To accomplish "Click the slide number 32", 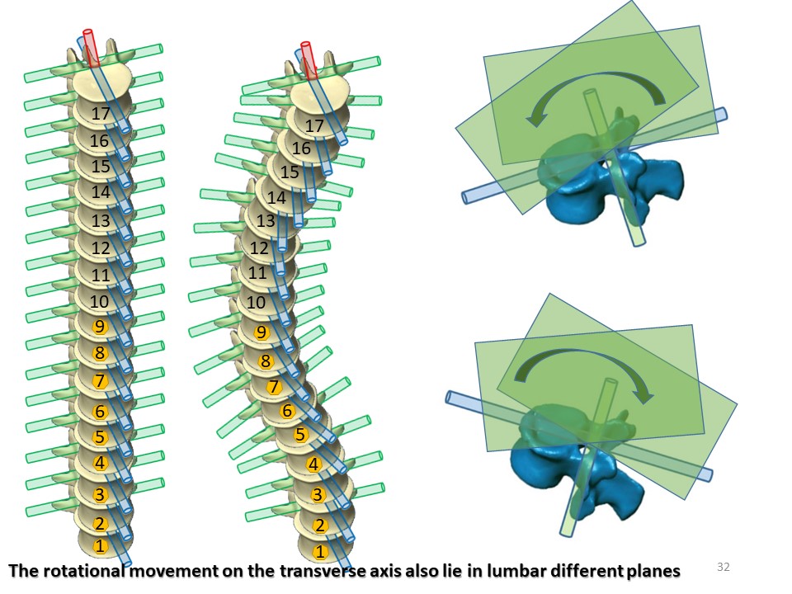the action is pos(724,567).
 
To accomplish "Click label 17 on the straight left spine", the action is pos(101,113).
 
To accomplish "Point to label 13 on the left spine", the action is pos(101,221).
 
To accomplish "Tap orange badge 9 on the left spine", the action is pos(100,327).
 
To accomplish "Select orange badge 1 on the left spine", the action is pos(100,546).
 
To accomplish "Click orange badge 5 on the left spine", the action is pos(100,436).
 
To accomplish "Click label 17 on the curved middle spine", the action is pos(314,125).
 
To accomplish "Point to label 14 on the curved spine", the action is pos(276,197).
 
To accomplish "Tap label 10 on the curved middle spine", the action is pos(256,302).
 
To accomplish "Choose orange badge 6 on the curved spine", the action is pos(287,411).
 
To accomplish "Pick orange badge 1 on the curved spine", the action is pos(320,552).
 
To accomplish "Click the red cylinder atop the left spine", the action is pos(91,49).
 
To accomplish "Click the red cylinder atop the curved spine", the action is pos(309,60).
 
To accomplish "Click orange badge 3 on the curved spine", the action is pos(317,494).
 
